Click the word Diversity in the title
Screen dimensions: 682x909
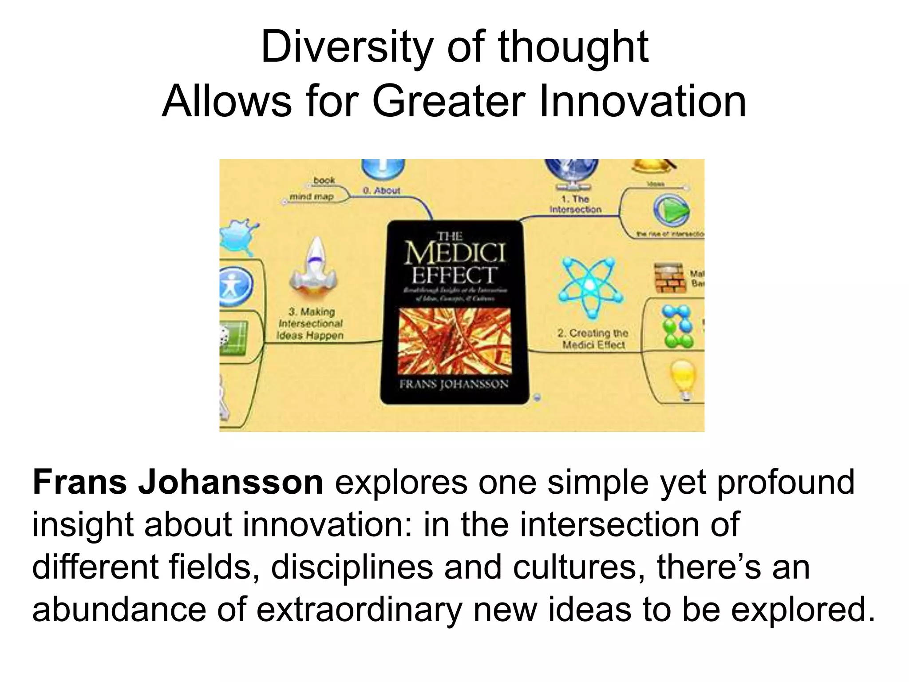pos(347,48)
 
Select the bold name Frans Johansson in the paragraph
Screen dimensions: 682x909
pos(178,482)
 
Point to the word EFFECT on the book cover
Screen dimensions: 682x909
pos(454,275)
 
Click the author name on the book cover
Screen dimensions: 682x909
pos(454,384)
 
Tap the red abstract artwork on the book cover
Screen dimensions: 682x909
pos(454,341)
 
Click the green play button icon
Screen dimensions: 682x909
pos(671,210)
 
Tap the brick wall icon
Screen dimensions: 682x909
pos(670,277)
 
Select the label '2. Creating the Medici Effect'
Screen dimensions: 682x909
pos(593,338)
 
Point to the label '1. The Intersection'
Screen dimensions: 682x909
pos(576,204)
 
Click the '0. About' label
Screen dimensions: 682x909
pos(382,190)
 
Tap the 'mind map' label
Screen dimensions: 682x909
pos(311,196)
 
